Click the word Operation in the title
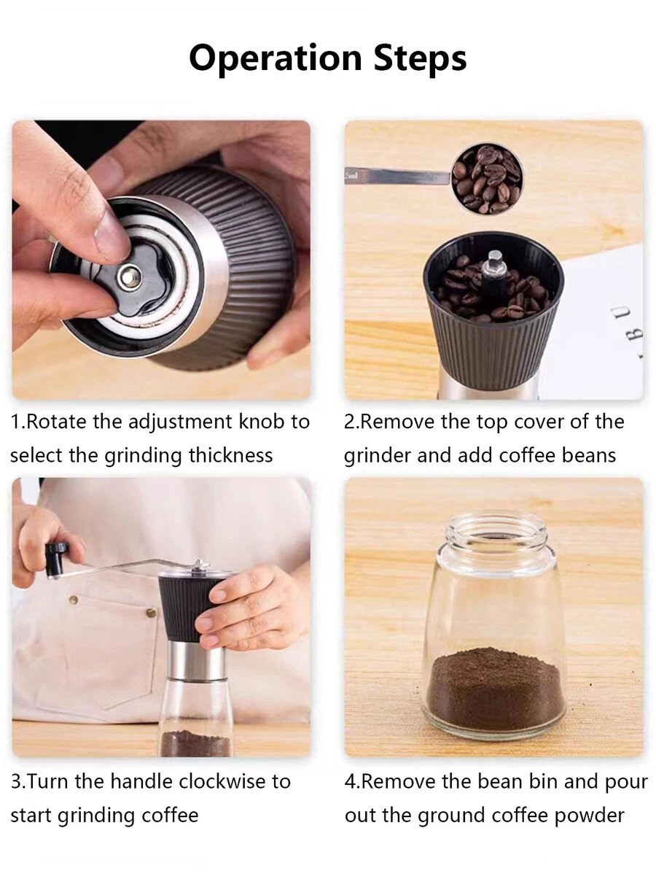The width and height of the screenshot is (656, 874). (x=275, y=58)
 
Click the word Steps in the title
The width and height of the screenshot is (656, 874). (x=420, y=58)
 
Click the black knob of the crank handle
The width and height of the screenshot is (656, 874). (x=56, y=560)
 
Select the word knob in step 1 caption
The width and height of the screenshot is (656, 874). (x=261, y=422)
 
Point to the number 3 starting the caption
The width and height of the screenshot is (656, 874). (x=15, y=781)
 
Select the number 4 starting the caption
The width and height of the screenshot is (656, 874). (x=351, y=781)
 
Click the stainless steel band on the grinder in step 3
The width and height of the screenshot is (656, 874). (x=194, y=659)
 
